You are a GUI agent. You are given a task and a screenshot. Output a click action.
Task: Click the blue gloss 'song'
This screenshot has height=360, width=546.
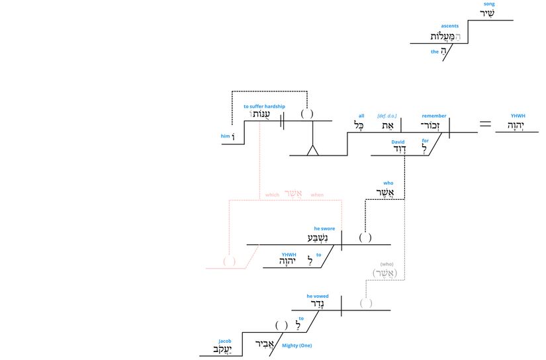tap(488, 4)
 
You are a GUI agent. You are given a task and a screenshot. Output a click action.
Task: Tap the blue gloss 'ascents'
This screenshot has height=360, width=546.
tap(450, 26)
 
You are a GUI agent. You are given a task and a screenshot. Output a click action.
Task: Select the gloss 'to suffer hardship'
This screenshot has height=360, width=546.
tap(264, 107)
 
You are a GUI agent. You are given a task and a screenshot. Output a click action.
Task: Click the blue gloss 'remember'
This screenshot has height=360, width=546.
tap(434, 116)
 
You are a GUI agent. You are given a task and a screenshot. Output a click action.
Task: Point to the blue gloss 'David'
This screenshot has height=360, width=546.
tap(398, 142)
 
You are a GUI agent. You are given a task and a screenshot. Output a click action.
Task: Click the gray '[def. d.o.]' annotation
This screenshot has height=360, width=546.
tap(387, 116)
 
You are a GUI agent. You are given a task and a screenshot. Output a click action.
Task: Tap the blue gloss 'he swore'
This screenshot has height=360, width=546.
tap(324, 228)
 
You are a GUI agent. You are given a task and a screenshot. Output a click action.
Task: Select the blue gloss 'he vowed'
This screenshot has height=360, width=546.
tap(317, 296)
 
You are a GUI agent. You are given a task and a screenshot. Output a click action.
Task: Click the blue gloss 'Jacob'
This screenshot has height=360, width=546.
tap(225, 341)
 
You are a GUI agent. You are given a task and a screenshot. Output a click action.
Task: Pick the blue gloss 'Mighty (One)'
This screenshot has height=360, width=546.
tap(296, 345)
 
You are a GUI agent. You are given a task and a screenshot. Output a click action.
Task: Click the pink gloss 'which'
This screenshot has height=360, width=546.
tap(272, 195)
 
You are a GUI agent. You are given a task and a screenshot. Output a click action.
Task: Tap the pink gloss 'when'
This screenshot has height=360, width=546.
tap(317, 195)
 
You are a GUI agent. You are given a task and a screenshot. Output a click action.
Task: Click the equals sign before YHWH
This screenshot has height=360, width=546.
tap(486, 123)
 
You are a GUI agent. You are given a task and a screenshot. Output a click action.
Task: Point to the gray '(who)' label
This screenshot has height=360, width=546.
tap(387, 264)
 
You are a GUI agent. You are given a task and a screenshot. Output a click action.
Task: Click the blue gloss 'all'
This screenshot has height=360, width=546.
tap(361, 116)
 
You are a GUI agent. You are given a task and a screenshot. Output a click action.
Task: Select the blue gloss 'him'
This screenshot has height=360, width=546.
tap(225, 136)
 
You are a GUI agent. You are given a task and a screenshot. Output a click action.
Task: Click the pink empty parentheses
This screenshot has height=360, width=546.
tap(229, 261)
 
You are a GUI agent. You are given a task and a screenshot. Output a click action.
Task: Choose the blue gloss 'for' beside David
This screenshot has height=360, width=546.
tap(426, 140)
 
